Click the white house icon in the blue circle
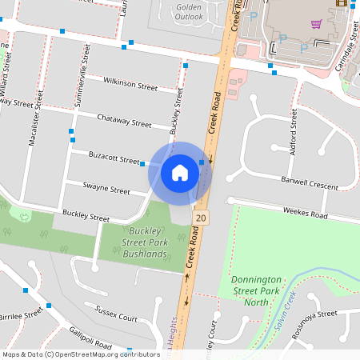(x=180, y=172)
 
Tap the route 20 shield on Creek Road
(x=198, y=218)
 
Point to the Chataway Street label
(x=124, y=122)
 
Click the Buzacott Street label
(x=114, y=160)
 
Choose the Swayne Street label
(x=106, y=190)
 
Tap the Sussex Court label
(x=116, y=313)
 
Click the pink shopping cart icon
(x=317, y=23)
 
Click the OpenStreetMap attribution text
(x=81, y=354)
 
